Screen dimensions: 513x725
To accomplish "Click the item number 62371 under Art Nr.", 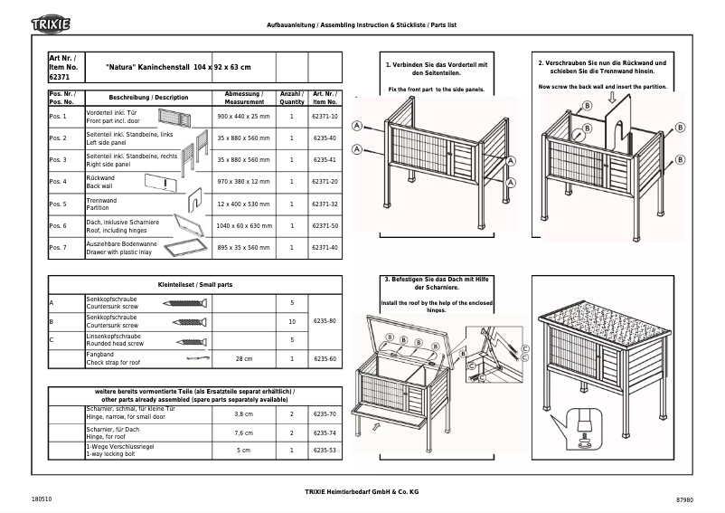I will (59, 79).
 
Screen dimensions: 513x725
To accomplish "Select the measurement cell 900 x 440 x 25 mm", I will (243, 117).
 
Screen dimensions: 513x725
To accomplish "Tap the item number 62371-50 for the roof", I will (325, 225).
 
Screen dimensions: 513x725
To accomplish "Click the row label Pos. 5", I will (58, 204).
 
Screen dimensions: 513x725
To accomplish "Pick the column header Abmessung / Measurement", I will (243, 97).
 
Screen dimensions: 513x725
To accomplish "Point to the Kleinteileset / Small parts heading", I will (195, 284).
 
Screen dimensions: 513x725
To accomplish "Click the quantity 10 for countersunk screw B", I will (291, 321).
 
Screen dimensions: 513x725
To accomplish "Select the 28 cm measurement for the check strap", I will (243, 359).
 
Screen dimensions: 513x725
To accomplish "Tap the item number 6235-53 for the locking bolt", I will (325, 450).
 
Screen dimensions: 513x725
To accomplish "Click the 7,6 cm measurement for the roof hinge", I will (243, 432).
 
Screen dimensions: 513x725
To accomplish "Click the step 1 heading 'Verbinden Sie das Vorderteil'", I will (437, 69).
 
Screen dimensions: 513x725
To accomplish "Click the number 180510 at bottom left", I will (42, 499).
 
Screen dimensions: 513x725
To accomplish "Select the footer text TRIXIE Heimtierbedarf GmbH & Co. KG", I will (362, 489).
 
